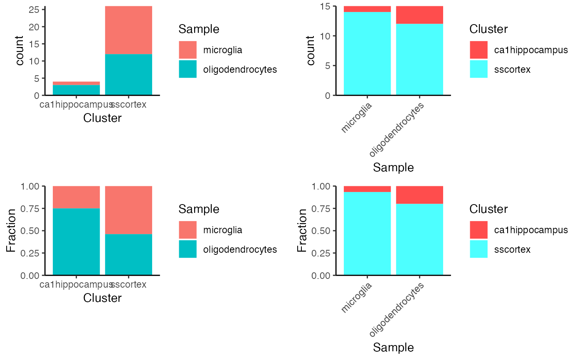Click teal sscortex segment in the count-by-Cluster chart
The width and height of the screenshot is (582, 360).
(128, 74)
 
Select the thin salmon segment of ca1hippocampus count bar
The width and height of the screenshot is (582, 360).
(76, 83)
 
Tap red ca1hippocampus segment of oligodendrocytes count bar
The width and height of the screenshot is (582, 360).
(419, 15)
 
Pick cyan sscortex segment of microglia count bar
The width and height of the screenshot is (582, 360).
(367, 54)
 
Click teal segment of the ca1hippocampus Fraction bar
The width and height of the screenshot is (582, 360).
(76, 242)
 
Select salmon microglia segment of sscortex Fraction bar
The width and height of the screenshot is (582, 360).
(128, 210)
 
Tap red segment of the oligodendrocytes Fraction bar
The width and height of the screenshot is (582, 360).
(419, 195)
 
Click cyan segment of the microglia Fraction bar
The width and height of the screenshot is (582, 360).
(367, 233)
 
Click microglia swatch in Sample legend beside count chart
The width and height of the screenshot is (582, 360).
(187, 50)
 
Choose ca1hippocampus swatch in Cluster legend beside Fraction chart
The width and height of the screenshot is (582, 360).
(478, 230)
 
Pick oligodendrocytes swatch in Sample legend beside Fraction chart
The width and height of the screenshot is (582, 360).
(187, 249)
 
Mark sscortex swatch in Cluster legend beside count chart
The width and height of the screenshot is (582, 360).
(478, 69)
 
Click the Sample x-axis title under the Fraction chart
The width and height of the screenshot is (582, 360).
(393, 347)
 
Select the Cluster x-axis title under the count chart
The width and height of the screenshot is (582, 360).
(102, 118)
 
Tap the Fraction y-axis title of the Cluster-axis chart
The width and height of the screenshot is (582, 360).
(11, 231)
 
